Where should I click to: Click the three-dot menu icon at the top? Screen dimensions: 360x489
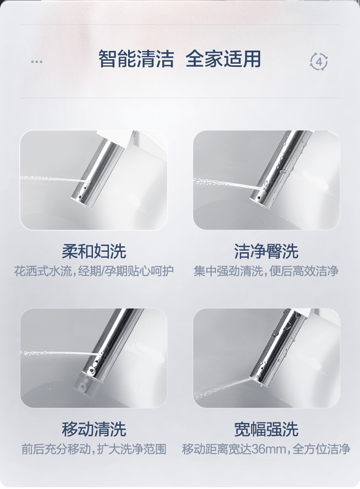coord(36,62)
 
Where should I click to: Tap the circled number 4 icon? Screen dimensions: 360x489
coord(319,62)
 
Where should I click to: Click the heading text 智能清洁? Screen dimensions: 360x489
coord(136,59)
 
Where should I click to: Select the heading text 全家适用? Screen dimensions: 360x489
coord(223,59)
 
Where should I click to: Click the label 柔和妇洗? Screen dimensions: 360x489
coord(94,251)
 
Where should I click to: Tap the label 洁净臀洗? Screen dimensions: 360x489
coord(266,251)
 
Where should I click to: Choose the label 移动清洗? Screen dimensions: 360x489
coord(94,429)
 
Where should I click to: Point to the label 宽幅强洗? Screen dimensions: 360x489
coord(266,429)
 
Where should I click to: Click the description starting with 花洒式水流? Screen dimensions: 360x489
coord(94,271)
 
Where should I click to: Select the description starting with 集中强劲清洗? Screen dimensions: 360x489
coord(266,271)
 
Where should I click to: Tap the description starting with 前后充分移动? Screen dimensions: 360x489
coord(94,449)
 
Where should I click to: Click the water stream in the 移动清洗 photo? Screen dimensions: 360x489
coord(61,353)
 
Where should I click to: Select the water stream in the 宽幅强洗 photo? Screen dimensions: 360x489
coord(224,388)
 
